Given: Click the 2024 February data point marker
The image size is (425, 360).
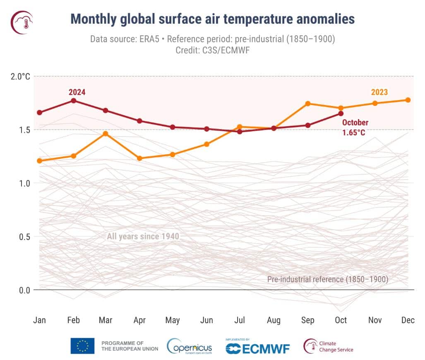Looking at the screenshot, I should pyautogui.click(x=73, y=101).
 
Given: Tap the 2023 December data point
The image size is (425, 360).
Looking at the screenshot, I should pyautogui.click(x=408, y=100).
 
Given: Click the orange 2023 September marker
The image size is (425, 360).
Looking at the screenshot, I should pyautogui.click(x=308, y=103).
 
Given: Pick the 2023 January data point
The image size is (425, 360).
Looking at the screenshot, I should pyautogui.click(x=40, y=161).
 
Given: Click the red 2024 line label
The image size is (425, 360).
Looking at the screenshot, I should pyautogui.click(x=77, y=92).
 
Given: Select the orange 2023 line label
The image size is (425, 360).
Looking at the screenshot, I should pyautogui.click(x=379, y=92).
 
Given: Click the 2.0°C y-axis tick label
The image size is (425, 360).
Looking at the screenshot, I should pyautogui.click(x=20, y=76).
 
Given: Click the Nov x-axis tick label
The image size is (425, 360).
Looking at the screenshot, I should pyautogui.click(x=375, y=320).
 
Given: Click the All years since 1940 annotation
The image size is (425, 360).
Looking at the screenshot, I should pyautogui.click(x=143, y=237).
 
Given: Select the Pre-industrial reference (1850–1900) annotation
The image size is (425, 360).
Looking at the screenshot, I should pyautogui.click(x=327, y=279).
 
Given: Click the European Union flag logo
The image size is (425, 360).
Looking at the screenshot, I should pyautogui.click(x=82, y=346).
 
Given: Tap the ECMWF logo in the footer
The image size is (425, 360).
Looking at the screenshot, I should pyautogui.click(x=257, y=348).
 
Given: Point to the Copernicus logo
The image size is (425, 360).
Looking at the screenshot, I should pyautogui.click(x=190, y=346).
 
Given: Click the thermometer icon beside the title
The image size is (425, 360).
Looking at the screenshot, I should pyautogui.click(x=22, y=22).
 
